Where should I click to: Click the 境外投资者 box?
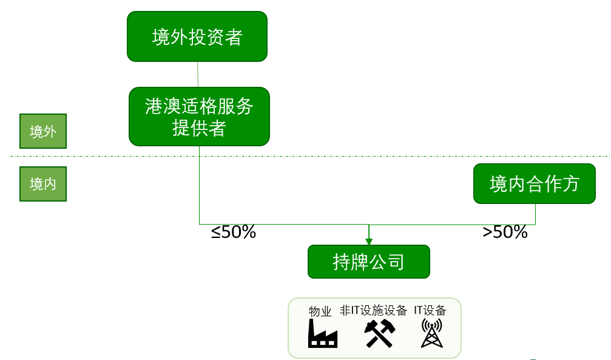pyautogui.click(x=197, y=36)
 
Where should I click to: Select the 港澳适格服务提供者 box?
pyautogui.click(x=199, y=117)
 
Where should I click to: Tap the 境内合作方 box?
pyautogui.click(x=534, y=183)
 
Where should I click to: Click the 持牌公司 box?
pyautogui.click(x=369, y=262)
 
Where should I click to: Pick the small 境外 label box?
pyautogui.click(x=43, y=131)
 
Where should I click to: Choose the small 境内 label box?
pyautogui.click(x=43, y=184)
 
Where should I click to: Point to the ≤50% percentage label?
pyautogui.click(x=234, y=232)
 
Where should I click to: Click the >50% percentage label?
pyautogui.click(x=505, y=232)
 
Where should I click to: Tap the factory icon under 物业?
pyautogui.click(x=322, y=333)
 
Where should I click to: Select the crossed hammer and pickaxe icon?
pyautogui.click(x=380, y=333)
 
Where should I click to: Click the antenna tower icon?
pyautogui.click(x=431, y=333)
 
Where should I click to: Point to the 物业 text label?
pyautogui.click(x=320, y=311)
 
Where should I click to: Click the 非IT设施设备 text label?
pyautogui.click(x=373, y=311)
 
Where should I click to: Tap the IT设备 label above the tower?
pyautogui.click(x=430, y=310)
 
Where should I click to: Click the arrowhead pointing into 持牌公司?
pyautogui.click(x=369, y=241)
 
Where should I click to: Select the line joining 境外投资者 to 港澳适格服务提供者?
pyautogui.click(x=198, y=74)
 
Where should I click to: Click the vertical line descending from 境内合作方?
pyautogui.click(x=535, y=214)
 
